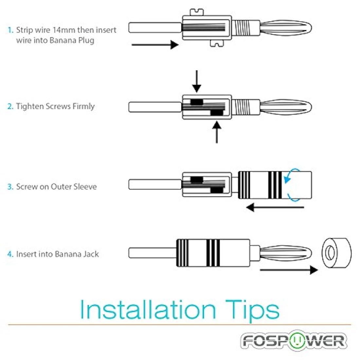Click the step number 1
click(10, 30)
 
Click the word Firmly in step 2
click(83, 107)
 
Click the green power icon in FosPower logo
click(297, 340)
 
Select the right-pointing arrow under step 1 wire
click(155, 45)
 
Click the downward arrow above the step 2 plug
click(197, 81)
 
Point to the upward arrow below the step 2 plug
click(217, 132)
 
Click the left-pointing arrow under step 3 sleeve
click(275, 207)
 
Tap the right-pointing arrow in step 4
click(289, 270)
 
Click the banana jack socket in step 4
click(336, 253)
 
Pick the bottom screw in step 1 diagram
click(217, 43)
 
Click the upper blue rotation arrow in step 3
click(290, 175)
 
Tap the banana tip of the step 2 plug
click(286, 107)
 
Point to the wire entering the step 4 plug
click(153, 253)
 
